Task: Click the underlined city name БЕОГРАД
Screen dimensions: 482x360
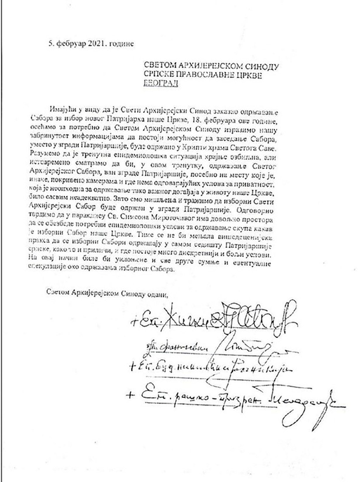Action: pos(161,84)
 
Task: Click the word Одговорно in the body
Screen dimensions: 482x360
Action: pos(256,210)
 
